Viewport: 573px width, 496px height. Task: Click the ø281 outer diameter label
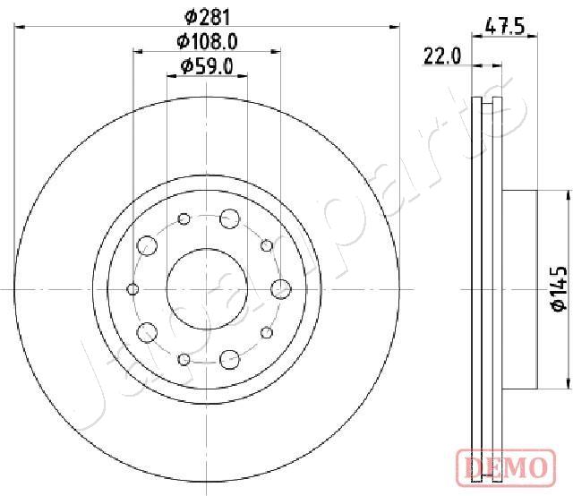pyautogui.click(x=207, y=17)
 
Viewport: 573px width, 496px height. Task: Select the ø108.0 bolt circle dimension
pyautogui.click(x=207, y=41)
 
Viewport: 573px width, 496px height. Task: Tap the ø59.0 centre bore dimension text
pyautogui.click(x=207, y=66)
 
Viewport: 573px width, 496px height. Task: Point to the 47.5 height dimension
pyautogui.click(x=505, y=27)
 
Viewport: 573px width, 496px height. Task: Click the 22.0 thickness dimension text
pyautogui.click(x=442, y=56)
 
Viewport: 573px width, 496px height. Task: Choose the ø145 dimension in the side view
pyautogui.click(x=559, y=289)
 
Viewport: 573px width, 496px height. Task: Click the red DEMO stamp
pyautogui.click(x=506, y=467)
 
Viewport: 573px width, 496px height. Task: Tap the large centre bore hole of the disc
pyautogui.click(x=207, y=289)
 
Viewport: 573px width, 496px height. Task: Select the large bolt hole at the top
pyautogui.click(x=230, y=218)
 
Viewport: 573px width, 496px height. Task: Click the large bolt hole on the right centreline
pyautogui.click(x=281, y=289)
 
